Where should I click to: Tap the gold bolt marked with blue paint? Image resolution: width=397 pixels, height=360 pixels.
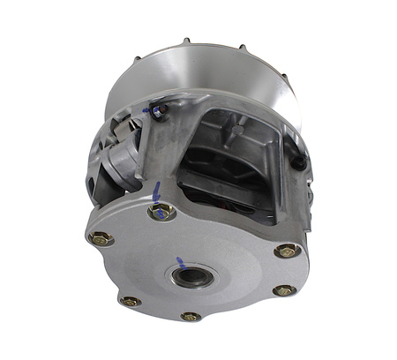pyautogui.click(x=162, y=213)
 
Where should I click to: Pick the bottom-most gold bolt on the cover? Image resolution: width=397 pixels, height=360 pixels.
pyautogui.click(x=190, y=316)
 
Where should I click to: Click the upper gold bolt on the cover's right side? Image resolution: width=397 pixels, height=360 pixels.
pyautogui.click(x=288, y=251)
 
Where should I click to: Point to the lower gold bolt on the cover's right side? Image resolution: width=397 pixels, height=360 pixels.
pyautogui.click(x=283, y=289)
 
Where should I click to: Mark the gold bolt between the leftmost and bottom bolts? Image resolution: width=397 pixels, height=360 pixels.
pyautogui.click(x=131, y=302)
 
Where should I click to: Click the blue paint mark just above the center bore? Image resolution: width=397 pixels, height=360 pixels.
pyautogui.click(x=180, y=261)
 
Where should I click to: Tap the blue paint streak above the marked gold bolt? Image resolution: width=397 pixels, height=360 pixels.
pyautogui.click(x=157, y=191)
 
